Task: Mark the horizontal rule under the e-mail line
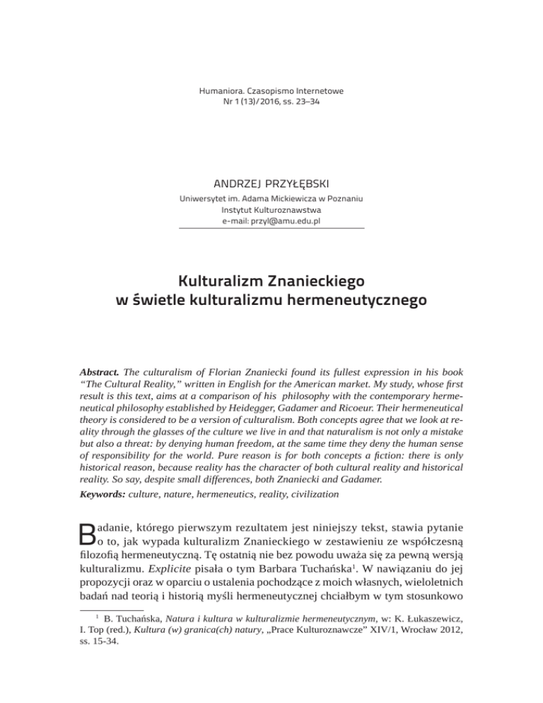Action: tap(271, 228)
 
